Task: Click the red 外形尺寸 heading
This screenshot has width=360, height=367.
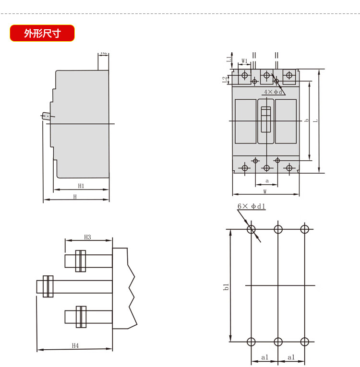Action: click(42, 33)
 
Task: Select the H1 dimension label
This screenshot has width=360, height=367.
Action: click(81, 186)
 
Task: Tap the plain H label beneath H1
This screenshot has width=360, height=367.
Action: click(75, 197)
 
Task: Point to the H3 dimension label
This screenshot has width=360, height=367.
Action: click(88, 237)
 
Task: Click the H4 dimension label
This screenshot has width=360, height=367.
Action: click(75, 345)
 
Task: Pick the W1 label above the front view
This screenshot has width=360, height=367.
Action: click(244, 61)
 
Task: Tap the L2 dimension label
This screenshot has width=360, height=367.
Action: click(225, 79)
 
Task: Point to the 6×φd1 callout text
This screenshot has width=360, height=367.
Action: click(252, 206)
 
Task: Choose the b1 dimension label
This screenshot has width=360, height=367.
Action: click(226, 287)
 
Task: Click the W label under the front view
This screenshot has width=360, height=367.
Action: click(265, 191)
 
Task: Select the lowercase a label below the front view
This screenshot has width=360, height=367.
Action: click(267, 181)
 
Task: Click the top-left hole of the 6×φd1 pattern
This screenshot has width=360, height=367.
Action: click(251, 229)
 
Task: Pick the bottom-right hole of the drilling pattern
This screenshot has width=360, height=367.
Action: click(304, 342)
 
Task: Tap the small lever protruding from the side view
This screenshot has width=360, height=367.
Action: click(46, 116)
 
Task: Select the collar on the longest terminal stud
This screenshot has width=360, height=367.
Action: click(48, 286)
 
